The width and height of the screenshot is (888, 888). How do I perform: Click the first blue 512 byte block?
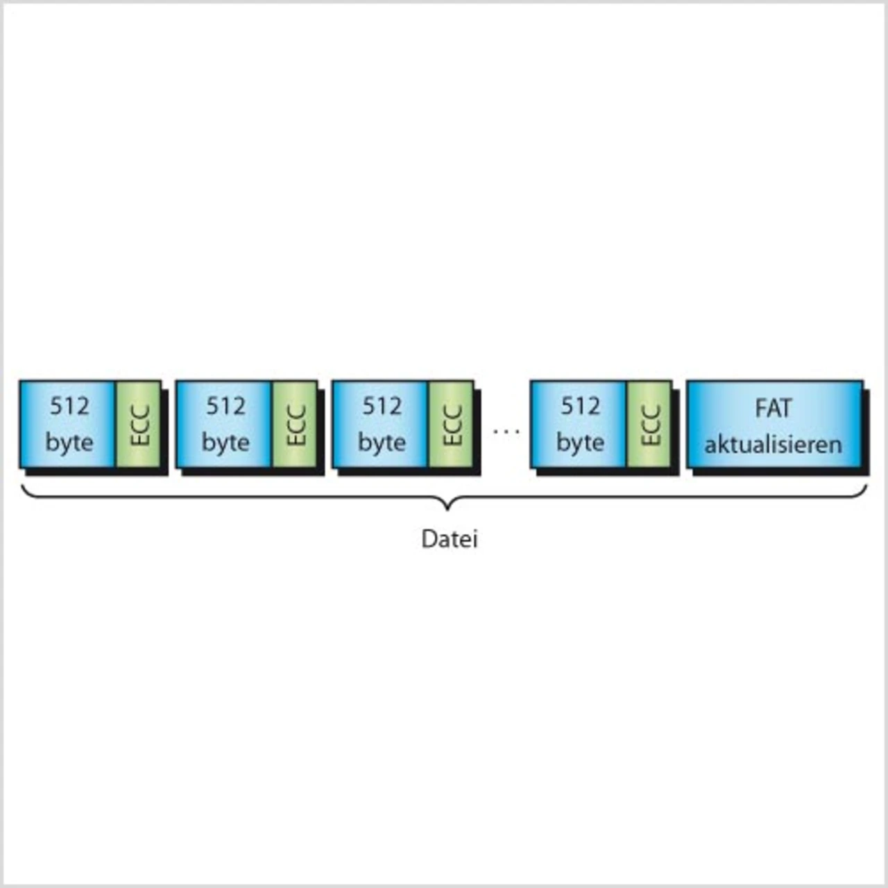68,424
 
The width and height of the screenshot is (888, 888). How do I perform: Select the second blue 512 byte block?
224,424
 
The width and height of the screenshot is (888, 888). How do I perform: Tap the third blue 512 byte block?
380,424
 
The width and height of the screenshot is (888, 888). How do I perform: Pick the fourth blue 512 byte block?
579,424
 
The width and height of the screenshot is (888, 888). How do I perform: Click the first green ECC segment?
138,424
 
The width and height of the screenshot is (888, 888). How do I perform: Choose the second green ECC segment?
295,424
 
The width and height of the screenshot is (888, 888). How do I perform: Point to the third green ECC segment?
451,424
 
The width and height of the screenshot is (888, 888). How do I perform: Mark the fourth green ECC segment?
649,424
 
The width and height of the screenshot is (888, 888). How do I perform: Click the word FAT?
773,409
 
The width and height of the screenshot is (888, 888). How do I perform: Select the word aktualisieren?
773,444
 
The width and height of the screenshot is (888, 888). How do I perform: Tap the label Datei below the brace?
450,539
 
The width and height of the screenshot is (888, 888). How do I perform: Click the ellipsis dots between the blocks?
506,431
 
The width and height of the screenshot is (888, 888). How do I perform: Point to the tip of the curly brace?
448,509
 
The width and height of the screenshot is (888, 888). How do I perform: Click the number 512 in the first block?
69,406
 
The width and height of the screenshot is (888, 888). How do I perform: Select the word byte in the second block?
225,443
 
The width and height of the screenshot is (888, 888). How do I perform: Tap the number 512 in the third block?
382,406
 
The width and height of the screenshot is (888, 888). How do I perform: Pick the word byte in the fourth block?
580,443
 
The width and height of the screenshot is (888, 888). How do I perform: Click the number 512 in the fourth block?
580,406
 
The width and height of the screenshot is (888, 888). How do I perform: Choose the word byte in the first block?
69,443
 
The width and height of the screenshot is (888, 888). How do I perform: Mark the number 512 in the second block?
225,406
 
